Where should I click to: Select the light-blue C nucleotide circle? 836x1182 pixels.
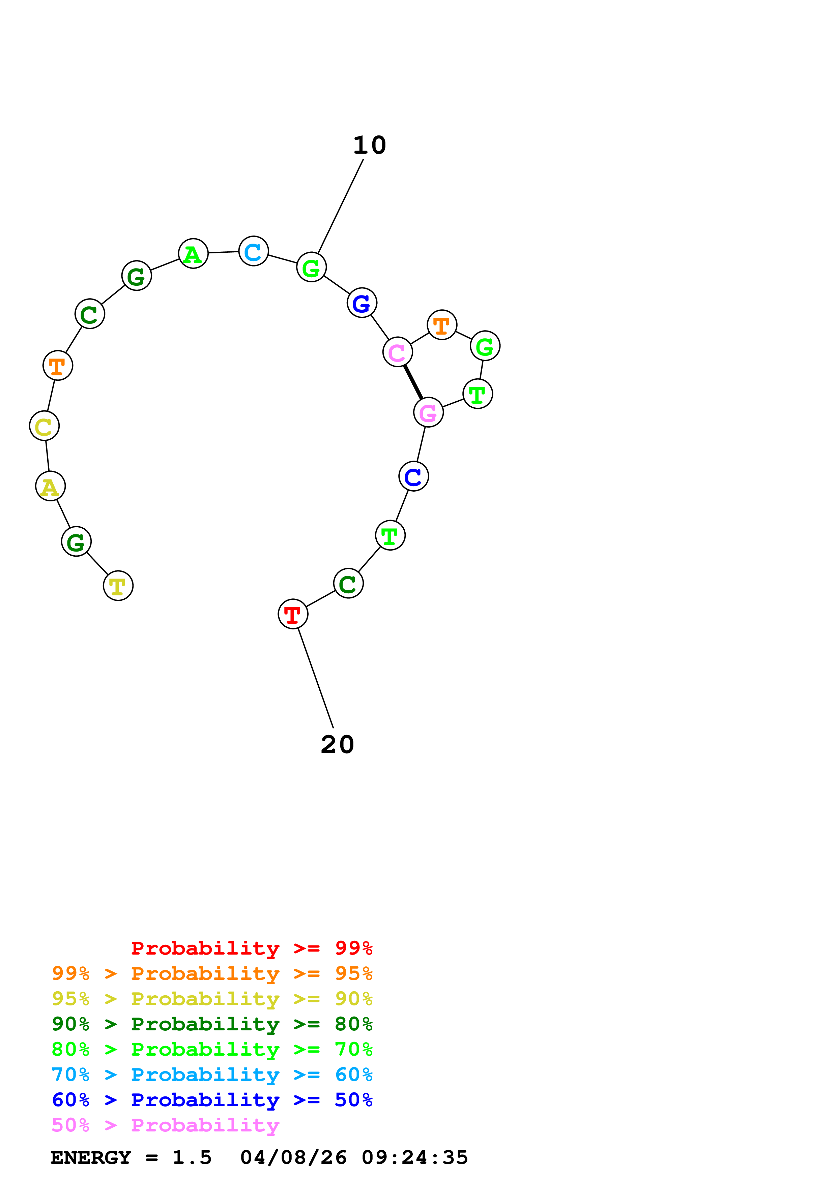(253, 251)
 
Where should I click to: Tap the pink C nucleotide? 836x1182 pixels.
(397, 352)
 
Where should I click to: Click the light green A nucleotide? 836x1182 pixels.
(193, 253)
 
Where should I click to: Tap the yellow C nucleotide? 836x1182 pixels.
(44, 426)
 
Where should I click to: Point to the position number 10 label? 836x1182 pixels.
(369, 145)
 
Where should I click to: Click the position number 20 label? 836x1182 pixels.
(337, 744)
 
